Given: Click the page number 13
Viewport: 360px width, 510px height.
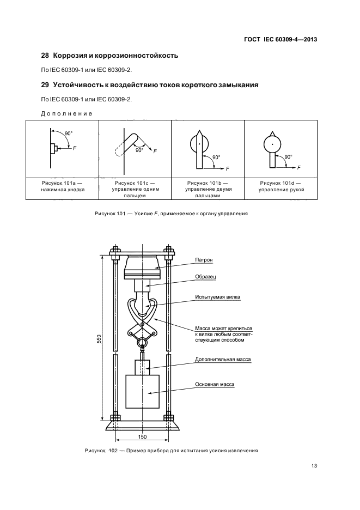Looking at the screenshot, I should click(314, 465).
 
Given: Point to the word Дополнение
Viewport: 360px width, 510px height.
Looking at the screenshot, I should click(66, 113).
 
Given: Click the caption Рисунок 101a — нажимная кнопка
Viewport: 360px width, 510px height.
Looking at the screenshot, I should click(62, 186).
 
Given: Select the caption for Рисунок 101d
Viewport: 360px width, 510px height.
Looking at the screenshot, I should click(281, 186).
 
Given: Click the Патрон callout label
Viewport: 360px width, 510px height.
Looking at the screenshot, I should click(205, 260).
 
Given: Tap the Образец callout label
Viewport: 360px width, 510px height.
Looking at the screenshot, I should click(206, 277).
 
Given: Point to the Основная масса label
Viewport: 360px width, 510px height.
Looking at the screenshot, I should click(215, 384).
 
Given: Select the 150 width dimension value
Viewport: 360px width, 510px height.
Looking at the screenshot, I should click(142, 437).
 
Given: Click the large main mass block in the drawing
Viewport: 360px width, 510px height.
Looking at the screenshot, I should click(142, 391).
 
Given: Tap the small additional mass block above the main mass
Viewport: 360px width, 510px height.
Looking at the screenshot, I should click(142, 365).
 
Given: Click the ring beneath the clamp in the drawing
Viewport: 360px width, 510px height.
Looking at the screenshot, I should click(142, 342).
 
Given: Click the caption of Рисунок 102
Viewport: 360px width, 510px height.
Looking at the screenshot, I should click(171, 451).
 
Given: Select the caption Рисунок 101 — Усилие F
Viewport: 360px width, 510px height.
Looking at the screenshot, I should click(170, 214).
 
